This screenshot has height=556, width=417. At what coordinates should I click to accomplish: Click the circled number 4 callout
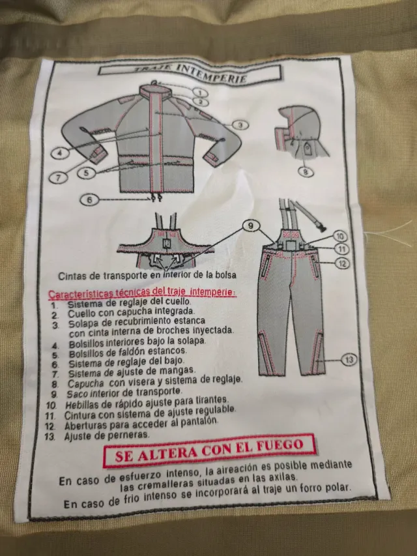pos(61,153)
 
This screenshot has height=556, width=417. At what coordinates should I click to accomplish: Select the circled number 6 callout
pos(90,199)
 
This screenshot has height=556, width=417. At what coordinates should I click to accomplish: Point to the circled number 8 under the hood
pos(306,172)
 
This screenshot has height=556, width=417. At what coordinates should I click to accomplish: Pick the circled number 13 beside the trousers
pos(349,358)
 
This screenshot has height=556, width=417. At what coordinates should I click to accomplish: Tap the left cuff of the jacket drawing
pos(98,155)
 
